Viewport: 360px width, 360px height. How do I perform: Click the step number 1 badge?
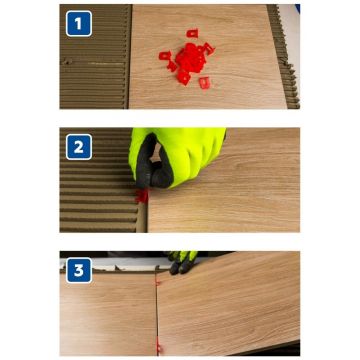click(x=79, y=23)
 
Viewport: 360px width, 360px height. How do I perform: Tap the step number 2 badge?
click(x=79, y=147)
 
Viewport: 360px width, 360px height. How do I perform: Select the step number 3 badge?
click(x=79, y=270)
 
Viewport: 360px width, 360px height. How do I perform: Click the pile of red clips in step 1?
click(x=188, y=60)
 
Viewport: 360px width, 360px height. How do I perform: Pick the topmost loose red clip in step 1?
click(x=192, y=33)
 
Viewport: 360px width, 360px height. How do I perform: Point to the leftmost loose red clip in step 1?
click(x=165, y=55)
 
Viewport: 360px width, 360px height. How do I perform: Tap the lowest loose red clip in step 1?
click(x=205, y=83)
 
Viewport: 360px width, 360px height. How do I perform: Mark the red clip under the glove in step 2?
click(x=142, y=196)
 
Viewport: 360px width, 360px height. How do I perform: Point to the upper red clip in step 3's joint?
click(x=158, y=282)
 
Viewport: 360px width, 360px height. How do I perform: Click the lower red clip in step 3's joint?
click(x=159, y=347)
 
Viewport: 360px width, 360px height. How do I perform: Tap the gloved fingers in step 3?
click(x=182, y=263)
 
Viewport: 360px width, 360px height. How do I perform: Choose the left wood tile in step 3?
click(x=108, y=313)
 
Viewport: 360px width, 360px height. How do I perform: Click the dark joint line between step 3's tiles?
click(x=156, y=312)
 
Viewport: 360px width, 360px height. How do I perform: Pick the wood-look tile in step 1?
click(x=207, y=57)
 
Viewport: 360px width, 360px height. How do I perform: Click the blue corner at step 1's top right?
click(x=297, y=9)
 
